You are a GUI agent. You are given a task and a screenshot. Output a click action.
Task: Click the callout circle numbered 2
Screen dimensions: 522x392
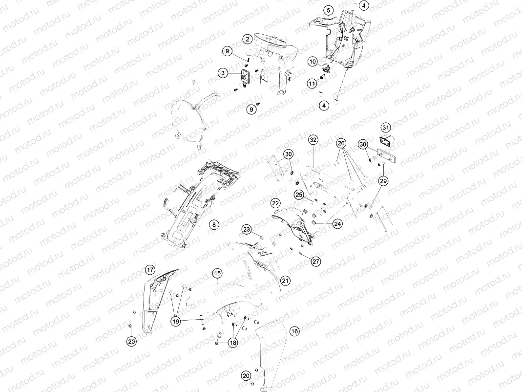coord(248,39)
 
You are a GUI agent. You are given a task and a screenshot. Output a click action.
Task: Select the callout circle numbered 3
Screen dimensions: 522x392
coord(223,73)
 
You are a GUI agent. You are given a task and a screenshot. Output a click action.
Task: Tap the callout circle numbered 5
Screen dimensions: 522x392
coord(329,10)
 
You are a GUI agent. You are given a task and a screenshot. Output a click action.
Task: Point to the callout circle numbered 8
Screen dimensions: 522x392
coord(214,225)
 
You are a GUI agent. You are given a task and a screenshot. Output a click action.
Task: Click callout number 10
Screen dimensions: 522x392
coord(313,62)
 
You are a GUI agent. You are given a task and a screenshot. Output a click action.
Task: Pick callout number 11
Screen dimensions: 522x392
coord(312,83)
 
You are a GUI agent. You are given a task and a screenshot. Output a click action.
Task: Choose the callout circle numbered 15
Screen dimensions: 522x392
coord(217,274)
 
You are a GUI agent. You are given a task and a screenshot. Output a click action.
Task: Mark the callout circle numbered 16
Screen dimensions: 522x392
coord(294,331)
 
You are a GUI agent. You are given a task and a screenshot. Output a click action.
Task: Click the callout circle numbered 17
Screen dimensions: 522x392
coord(150,270)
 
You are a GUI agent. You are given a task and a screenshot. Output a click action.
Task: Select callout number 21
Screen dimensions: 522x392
coord(285,281)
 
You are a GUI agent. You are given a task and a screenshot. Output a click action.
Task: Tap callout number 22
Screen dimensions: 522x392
coord(275,203)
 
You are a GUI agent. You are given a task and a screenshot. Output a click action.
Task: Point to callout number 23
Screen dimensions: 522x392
coord(247,229)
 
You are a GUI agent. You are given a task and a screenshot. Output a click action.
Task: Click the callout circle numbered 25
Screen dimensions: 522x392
coord(299,195)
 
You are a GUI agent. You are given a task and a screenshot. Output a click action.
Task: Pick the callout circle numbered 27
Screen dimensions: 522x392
coord(316,261)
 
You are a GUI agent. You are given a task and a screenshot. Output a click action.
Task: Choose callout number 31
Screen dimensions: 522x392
coord(385,128)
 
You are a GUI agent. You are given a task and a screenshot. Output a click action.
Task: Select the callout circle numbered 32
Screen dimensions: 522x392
coord(313,140)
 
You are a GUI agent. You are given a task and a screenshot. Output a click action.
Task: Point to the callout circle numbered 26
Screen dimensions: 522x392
coord(341,143)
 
